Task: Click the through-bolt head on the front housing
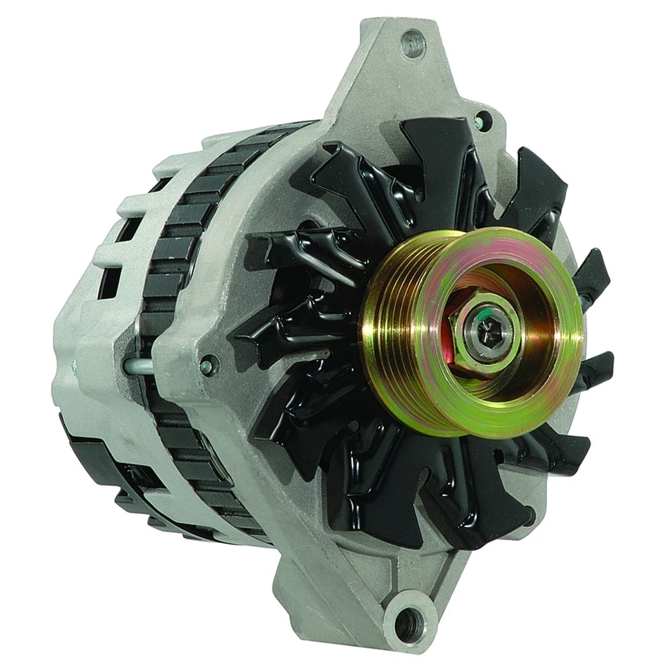206,364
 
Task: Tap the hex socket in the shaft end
488,331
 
